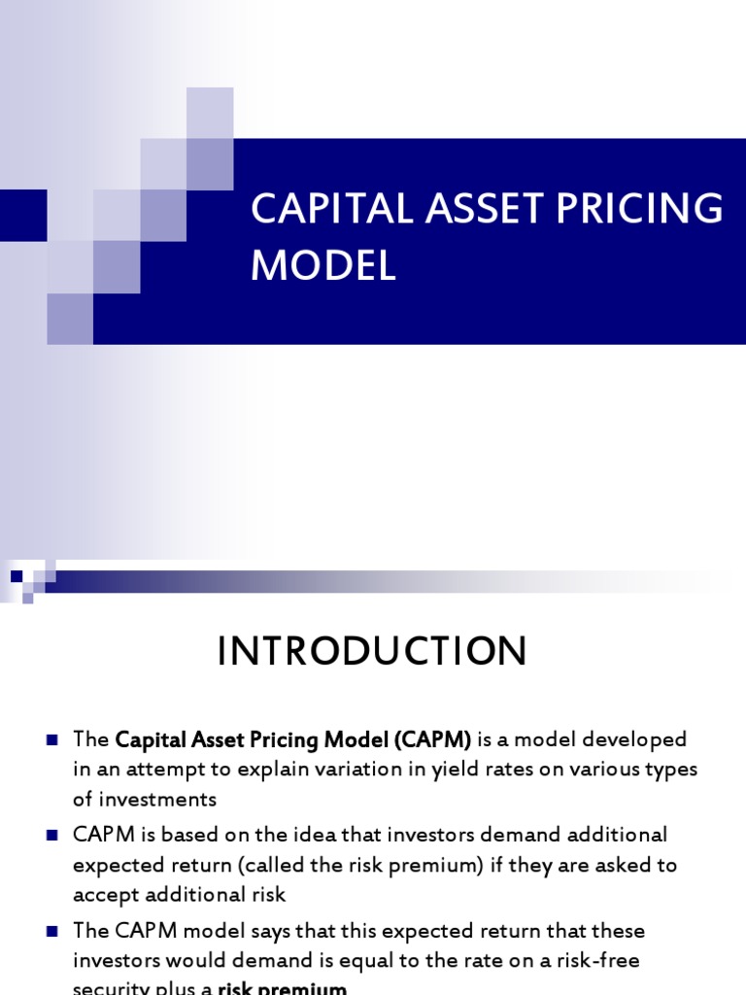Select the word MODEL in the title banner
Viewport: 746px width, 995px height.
click(x=323, y=265)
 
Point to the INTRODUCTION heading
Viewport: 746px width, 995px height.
click(x=372, y=652)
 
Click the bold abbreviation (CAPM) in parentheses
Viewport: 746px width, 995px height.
click(x=432, y=739)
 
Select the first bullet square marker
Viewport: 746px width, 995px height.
click(x=52, y=739)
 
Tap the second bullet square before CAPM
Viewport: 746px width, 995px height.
click(x=52, y=835)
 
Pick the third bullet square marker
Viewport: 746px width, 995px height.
click(x=52, y=930)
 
